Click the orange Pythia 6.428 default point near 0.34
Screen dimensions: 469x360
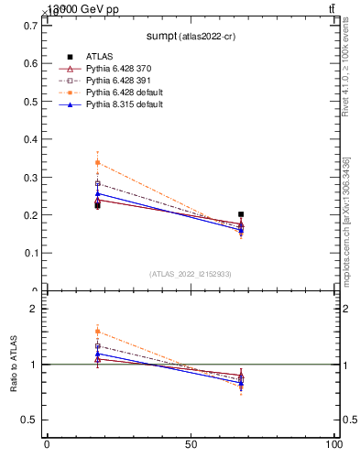97,163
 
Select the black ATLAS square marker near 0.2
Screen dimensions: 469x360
241,214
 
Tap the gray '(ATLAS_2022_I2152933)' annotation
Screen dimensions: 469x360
191,274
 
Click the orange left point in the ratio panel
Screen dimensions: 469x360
97,332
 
